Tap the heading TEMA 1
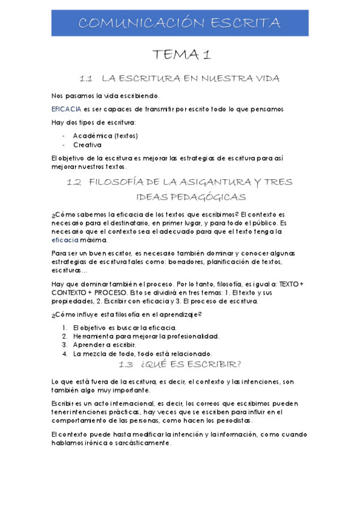point(181,55)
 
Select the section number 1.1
point(88,79)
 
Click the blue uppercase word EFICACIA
point(67,109)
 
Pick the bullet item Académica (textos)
point(106,136)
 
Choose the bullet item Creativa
point(87,145)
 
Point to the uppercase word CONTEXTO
point(70,293)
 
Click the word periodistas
point(233,420)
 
